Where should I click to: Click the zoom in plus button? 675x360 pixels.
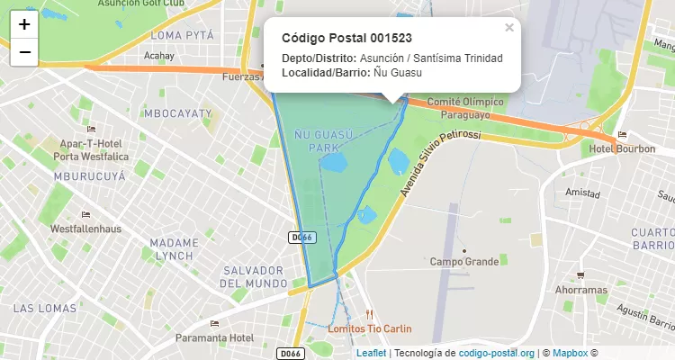24,24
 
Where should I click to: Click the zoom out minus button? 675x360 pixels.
24,52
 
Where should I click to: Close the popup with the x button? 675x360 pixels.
509,28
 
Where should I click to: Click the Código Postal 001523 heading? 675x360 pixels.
346,38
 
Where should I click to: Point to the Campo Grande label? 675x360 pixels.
463,262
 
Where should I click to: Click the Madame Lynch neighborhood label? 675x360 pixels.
174,249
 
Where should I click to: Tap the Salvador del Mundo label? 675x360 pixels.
254,277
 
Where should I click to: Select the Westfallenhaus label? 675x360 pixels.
85,229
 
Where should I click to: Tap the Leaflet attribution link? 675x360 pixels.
372,353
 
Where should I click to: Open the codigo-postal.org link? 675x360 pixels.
497,353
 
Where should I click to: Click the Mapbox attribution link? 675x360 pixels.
571,353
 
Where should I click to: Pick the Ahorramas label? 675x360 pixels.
580,290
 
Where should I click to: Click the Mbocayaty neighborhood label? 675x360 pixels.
177,113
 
